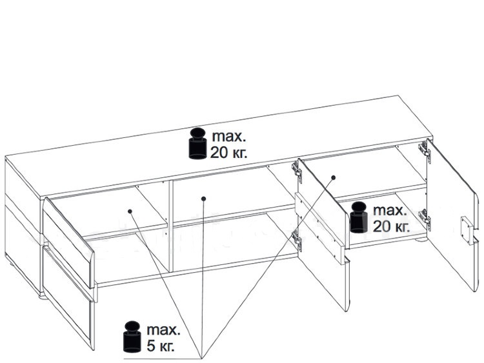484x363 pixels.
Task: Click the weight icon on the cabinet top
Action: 197,143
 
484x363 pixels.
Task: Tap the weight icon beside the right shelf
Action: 359,217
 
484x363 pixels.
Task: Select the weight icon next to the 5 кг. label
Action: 132,337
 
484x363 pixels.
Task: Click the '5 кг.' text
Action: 161,346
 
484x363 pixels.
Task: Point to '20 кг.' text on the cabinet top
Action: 228,152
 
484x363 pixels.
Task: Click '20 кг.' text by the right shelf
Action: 391,227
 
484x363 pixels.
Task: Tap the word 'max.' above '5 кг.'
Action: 163,330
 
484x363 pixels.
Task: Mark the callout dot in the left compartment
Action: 130,211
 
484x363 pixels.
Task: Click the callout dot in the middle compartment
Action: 203,199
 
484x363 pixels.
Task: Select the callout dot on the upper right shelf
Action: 334,178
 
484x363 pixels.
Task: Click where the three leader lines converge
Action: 201,358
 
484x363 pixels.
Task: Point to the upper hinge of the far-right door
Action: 425,150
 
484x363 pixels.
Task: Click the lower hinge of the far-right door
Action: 425,217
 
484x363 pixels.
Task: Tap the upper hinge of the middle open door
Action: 297,170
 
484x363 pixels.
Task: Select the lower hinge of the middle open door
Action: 296,239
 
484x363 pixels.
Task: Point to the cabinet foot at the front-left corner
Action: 43,297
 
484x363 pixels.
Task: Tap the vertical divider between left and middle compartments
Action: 170,226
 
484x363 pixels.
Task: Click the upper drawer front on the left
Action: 68,241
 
